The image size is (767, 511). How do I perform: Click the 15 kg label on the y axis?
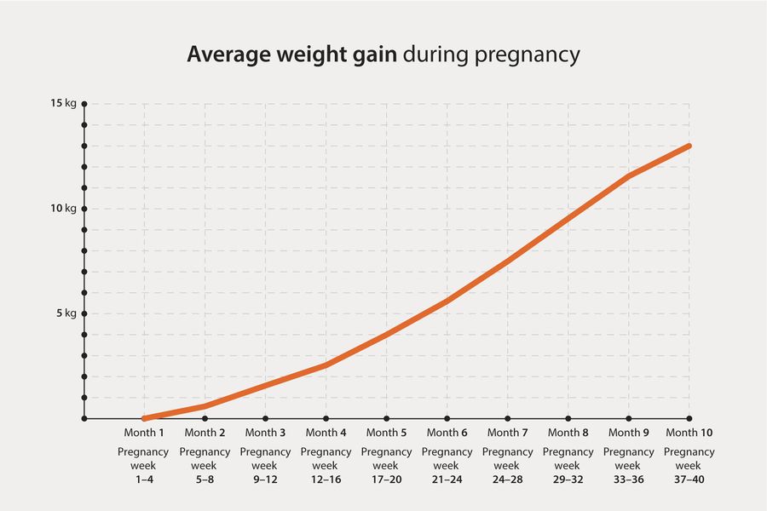(64, 104)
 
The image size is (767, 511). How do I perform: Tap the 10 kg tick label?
(64, 209)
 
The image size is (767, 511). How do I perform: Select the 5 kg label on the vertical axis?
(66, 313)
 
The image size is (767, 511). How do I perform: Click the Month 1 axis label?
(144, 433)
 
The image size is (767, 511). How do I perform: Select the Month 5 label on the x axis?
(386, 433)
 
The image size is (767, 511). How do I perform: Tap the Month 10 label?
(689, 433)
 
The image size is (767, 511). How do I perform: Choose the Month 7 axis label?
(508, 433)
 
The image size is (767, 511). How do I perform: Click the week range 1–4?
(144, 480)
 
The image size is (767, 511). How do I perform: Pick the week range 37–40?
(689, 480)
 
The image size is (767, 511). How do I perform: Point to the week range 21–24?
(447, 480)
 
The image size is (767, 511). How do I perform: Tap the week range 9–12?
(265, 480)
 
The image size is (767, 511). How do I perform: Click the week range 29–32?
(568, 480)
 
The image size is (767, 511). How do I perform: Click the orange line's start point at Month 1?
(144, 418)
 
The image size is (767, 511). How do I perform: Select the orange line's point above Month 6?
(447, 301)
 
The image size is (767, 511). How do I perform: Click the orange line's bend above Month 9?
(629, 176)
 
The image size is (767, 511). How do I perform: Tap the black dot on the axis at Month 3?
(265, 419)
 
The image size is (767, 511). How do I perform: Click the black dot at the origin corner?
(84, 419)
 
